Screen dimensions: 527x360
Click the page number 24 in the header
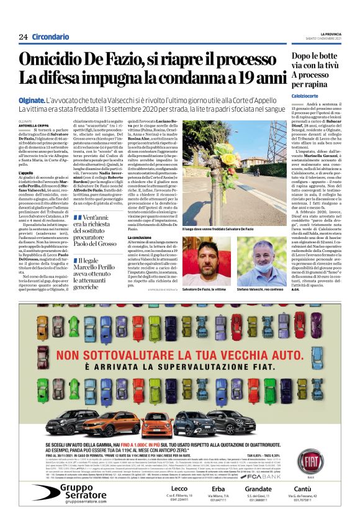pos(23,37)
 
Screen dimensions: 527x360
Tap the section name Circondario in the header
pos(50,37)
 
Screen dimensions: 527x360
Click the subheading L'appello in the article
pos(26,172)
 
